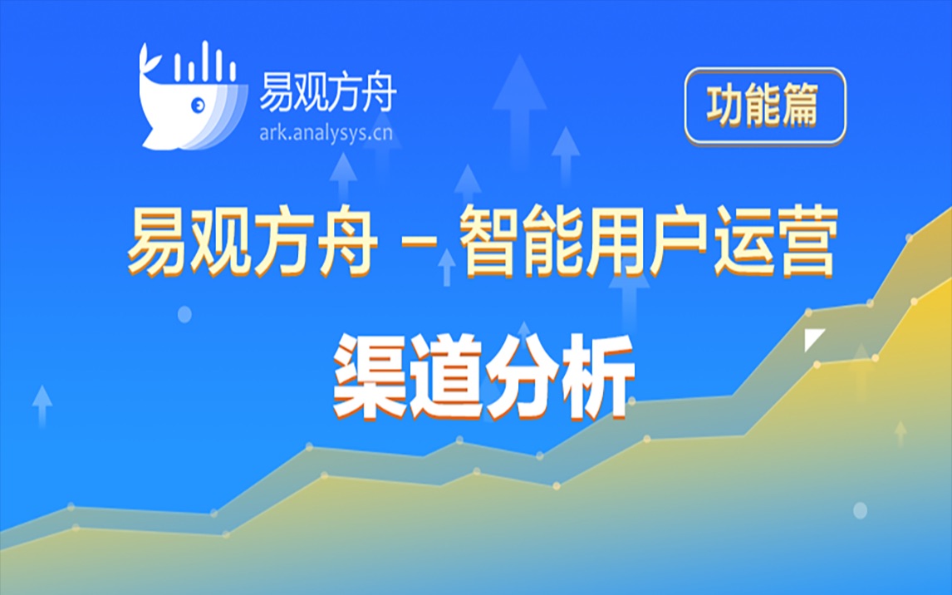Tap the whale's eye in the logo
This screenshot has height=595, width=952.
[x=199, y=106]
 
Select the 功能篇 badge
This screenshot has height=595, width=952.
[x=764, y=106]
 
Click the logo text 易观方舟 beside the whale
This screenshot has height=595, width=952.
[x=326, y=90]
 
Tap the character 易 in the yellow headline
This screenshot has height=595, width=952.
[x=158, y=243]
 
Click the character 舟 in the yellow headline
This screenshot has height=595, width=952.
[x=342, y=243]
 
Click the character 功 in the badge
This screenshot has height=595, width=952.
[x=724, y=106]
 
